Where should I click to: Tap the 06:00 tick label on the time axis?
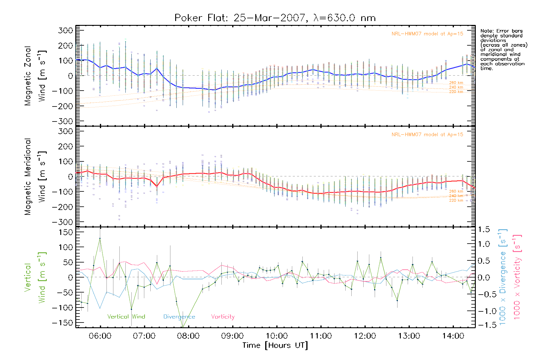coord(100,336)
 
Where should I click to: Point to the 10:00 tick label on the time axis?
coord(277,336)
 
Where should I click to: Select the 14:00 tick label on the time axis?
coord(453,336)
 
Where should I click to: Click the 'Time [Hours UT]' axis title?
coord(275,345)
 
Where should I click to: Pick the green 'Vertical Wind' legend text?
coord(126,317)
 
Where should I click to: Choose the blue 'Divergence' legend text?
coord(179,317)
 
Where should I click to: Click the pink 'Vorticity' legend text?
coord(223,317)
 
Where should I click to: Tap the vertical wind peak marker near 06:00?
coord(100,238)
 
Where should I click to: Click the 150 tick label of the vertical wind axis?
coord(66,232)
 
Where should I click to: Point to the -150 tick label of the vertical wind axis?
coord(62,323)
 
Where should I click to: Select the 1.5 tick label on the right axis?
coord(484,229)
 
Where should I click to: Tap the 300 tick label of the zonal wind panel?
coord(66,30)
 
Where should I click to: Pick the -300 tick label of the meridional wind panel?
coord(62,222)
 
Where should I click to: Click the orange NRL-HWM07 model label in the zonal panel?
coord(427,34)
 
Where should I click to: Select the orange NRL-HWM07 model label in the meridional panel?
coord(427,135)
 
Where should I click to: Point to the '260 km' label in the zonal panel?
coord(456,83)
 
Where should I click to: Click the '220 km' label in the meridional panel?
coord(456,200)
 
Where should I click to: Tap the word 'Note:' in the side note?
coord(486,31)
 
